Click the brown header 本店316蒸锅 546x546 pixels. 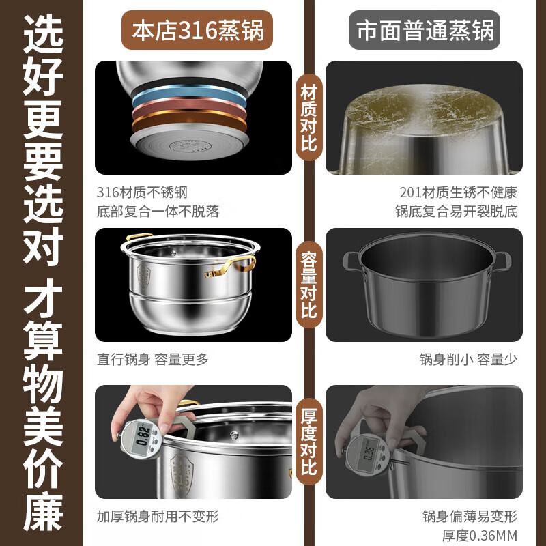tap(198, 31)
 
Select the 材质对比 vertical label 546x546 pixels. tap(308, 117)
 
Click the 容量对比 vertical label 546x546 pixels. tap(308, 285)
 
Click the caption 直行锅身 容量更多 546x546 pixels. tap(153, 360)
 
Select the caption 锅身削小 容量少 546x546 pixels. tap(468, 360)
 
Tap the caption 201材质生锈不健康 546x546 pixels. tap(459, 193)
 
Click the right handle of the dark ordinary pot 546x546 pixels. tap(503, 260)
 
